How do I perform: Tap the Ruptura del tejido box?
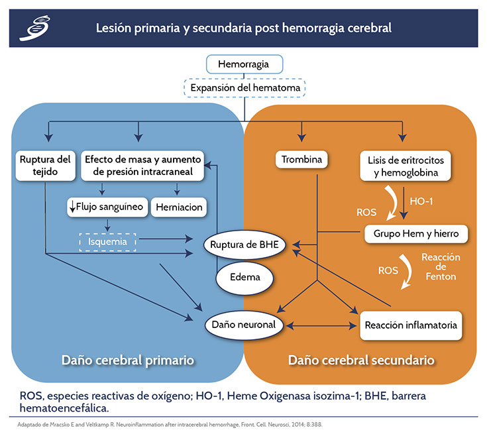[x=45, y=166]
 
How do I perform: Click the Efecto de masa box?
[x=143, y=166]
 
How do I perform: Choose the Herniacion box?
[x=179, y=207]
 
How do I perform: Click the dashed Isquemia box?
[x=107, y=242]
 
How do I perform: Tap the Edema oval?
[x=245, y=277]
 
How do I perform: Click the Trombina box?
[x=301, y=160]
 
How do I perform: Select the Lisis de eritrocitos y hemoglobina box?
[x=404, y=166]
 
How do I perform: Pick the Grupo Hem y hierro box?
[x=416, y=234]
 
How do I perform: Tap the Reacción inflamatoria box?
[x=411, y=325]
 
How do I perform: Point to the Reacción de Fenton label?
[x=441, y=266]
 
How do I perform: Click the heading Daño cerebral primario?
[x=127, y=360]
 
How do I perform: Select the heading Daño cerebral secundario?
[x=361, y=360]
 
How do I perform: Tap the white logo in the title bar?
[x=34, y=28]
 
